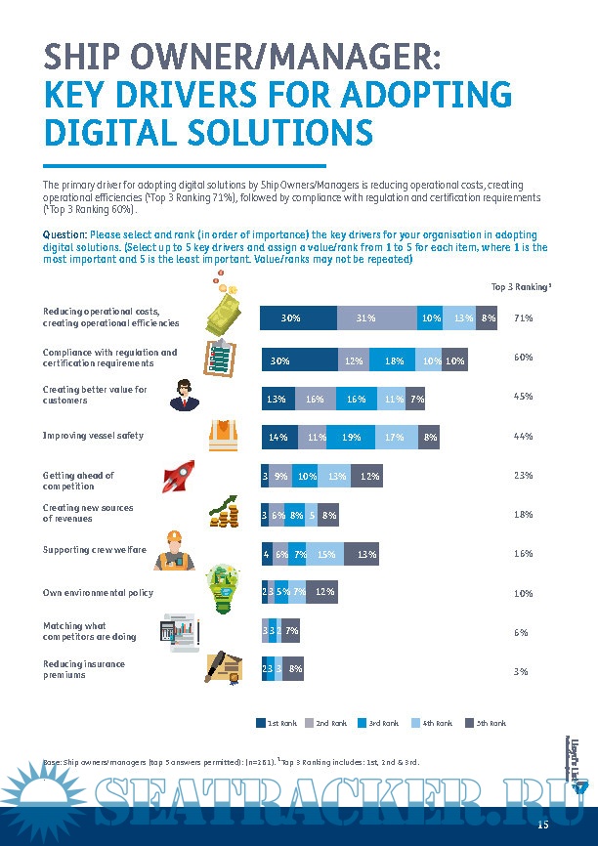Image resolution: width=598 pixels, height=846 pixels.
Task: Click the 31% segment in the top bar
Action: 366,317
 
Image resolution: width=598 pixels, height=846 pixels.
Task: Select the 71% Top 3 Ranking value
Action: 523,318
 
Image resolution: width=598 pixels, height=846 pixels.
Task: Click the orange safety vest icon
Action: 223,437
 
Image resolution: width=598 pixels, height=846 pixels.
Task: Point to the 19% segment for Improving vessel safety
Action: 351,438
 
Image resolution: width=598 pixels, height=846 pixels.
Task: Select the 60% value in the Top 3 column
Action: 523,358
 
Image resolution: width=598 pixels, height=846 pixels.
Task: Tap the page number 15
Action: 543,827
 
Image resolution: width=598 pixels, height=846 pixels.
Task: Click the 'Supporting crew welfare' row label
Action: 94,550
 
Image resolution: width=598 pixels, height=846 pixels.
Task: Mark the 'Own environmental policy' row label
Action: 98,592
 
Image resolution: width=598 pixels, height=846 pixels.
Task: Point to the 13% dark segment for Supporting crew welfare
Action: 367,555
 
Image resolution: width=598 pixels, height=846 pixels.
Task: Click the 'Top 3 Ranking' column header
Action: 521,286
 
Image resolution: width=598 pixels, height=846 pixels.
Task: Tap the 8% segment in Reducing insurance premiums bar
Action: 295,669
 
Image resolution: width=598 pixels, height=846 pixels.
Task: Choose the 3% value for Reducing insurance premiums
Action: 522,672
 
